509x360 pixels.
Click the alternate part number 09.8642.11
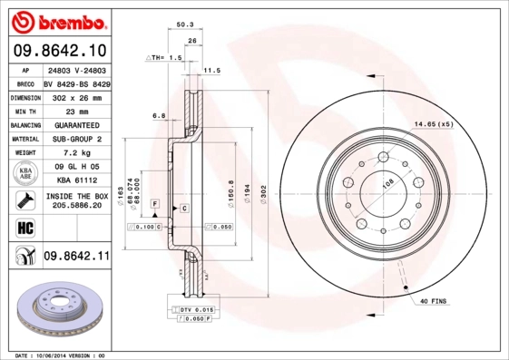pyautogui.click(x=75, y=257)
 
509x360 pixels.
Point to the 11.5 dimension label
pyautogui.click(x=211, y=70)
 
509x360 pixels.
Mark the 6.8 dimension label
pyautogui.click(x=158, y=115)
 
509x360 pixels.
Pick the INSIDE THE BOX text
pyautogui.click(x=75, y=196)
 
